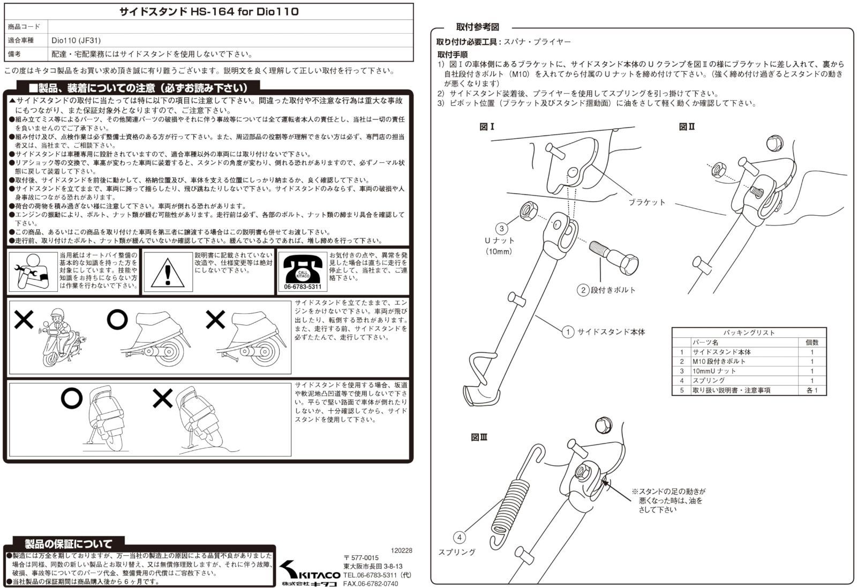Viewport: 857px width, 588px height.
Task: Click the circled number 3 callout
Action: coord(501,229)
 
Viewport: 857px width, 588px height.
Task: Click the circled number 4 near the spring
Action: coord(459,537)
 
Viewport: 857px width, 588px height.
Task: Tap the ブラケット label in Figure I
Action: coord(646,202)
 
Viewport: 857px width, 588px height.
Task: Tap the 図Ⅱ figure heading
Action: coord(687,127)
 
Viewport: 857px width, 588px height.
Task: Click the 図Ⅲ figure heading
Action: coord(479,438)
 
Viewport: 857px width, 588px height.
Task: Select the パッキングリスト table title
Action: coord(749,333)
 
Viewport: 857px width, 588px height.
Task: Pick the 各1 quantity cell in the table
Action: coord(811,390)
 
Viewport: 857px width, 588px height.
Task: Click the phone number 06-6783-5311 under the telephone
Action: coord(303,288)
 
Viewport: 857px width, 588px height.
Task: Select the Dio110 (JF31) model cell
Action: coord(76,40)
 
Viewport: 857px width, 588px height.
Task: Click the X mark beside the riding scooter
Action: coord(24,320)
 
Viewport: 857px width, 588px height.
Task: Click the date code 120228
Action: coord(401,550)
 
